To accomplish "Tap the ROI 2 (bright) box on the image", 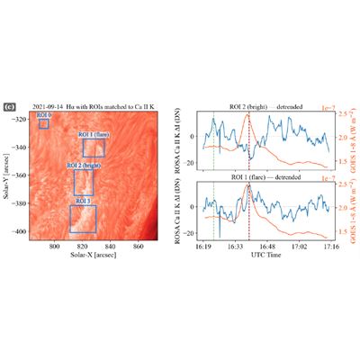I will tap(84, 182).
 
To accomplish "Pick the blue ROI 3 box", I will tap(83, 218).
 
